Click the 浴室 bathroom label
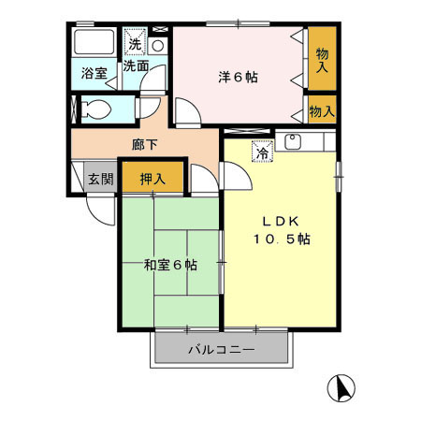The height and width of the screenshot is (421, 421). click(x=93, y=72)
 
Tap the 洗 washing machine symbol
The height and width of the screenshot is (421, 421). click(x=136, y=44)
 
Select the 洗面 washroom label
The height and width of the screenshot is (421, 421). click(x=136, y=65)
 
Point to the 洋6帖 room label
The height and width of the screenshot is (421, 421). click(x=239, y=78)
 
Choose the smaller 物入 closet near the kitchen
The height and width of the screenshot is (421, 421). click(x=322, y=111)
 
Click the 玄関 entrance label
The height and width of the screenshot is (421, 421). click(x=100, y=180)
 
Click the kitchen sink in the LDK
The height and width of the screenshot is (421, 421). click(x=292, y=142)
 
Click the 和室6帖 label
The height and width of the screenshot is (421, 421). click(x=169, y=265)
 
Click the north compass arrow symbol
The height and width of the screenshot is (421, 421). click(x=342, y=385)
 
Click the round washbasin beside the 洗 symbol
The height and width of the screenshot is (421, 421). click(x=157, y=44)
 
